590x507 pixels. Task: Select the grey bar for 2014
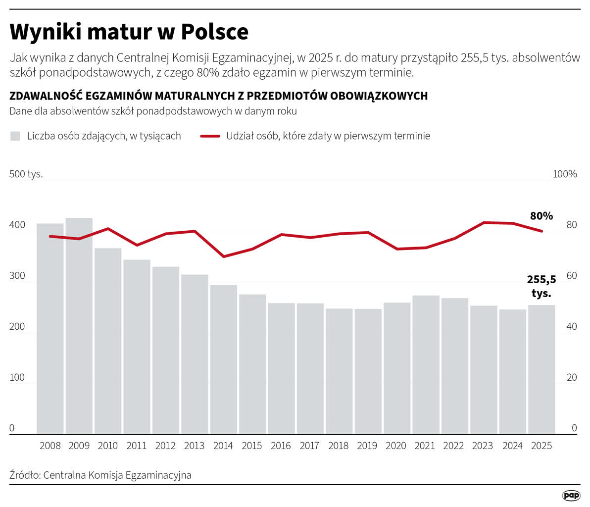click(223, 359)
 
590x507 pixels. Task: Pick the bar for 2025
click(541, 369)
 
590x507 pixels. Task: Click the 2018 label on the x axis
click(338, 446)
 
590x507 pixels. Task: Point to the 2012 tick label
click(165, 446)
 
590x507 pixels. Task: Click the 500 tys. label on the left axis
click(26, 174)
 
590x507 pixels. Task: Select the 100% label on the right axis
click(565, 174)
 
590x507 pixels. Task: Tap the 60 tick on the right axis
click(572, 276)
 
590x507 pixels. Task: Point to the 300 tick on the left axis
click(17, 276)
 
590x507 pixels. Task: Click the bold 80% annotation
click(541, 216)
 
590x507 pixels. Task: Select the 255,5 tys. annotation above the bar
click(541, 286)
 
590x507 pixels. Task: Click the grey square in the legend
click(15, 136)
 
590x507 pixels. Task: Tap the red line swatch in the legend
click(210, 136)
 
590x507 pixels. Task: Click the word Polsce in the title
click(214, 32)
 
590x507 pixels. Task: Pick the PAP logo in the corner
click(571, 495)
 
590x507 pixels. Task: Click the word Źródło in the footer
click(24, 475)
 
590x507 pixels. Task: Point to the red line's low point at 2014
click(224, 256)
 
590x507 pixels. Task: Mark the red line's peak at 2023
click(484, 222)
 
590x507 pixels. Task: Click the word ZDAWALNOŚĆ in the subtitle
click(44, 96)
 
